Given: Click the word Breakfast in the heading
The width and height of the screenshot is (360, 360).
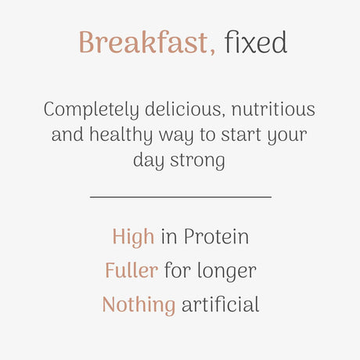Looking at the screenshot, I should coord(145,43).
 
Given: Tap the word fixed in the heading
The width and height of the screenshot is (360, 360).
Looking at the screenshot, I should coord(256,43).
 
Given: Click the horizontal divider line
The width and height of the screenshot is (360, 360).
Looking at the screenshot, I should coord(180,196).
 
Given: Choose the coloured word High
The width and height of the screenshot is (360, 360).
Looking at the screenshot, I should coord(133,236).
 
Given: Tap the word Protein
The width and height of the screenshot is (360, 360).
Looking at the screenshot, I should coord(216,236).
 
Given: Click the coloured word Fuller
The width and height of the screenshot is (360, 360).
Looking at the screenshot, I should coord(131,271).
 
